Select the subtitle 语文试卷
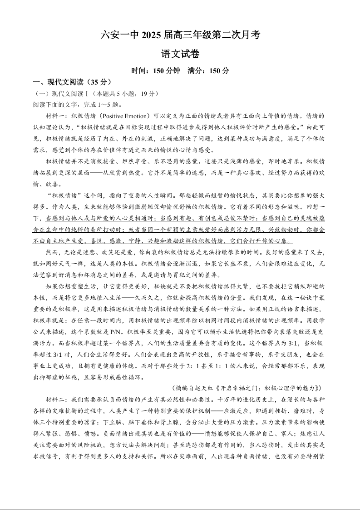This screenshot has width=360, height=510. coord(180,54)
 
